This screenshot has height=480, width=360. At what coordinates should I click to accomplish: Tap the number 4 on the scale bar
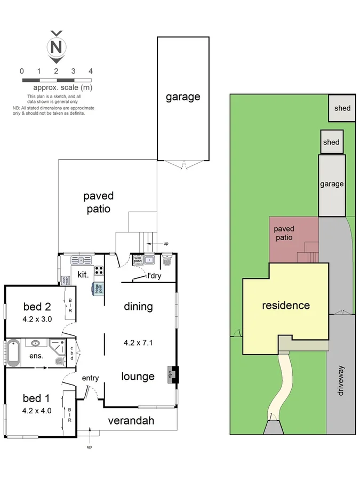click(91, 71)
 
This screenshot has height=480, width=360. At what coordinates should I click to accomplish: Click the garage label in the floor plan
click(183, 97)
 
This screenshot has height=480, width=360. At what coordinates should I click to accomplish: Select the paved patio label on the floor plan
click(99, 202)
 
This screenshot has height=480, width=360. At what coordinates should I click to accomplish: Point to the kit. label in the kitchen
click(83, 274)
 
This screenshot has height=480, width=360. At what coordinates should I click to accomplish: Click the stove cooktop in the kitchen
click(99, 270)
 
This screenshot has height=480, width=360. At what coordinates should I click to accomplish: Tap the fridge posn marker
click(98, 289)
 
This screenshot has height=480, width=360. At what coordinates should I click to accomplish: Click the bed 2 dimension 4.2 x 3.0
click(37, 320)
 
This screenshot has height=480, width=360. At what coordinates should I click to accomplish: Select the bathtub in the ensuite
click(14, 353)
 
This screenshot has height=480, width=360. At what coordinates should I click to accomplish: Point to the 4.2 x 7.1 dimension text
click(138, 343)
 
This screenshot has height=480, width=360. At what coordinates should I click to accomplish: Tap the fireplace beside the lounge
click(172, 374)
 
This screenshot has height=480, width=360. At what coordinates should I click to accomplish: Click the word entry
click(90, 378)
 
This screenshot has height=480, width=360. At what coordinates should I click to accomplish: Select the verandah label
click(131, 421)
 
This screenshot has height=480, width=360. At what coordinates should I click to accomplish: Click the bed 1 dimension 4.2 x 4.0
click(37, 411)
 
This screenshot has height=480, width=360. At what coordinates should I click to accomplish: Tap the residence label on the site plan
click(285, 306)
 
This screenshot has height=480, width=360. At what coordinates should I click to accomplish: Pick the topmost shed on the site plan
click(342, 108)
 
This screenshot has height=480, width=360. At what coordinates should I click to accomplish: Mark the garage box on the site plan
click(332, 185)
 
